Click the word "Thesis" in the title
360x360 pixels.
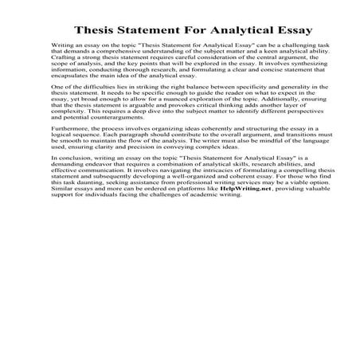[x=98, y=31]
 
